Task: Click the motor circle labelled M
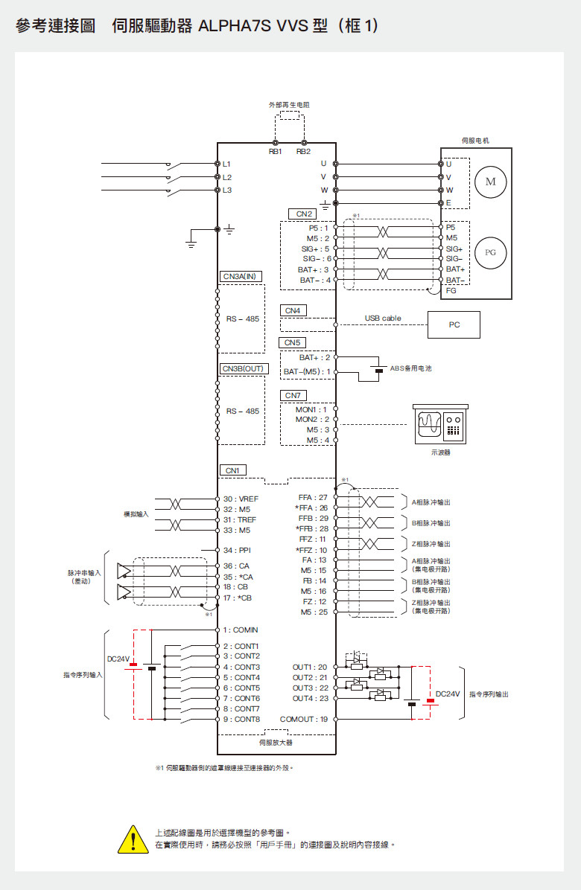[489, 182]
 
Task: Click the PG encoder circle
[489, 252]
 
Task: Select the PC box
[454, 325]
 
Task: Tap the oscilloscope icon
[440, 424]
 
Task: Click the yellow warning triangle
[132, 839]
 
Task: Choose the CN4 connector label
[293, 310]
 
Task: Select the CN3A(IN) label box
[239, 276]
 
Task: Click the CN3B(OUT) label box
[243, 368]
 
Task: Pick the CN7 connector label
[293, 395]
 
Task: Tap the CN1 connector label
[232, 470]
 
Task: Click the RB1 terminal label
[276, 151]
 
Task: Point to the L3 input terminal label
[227, 191]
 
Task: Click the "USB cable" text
[383, 318]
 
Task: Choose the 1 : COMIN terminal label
[240, 630]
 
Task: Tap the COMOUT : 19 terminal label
[304, 720]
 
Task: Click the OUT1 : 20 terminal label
[310, 667]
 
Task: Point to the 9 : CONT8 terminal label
[241, 720]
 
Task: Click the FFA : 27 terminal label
[313, 496]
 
